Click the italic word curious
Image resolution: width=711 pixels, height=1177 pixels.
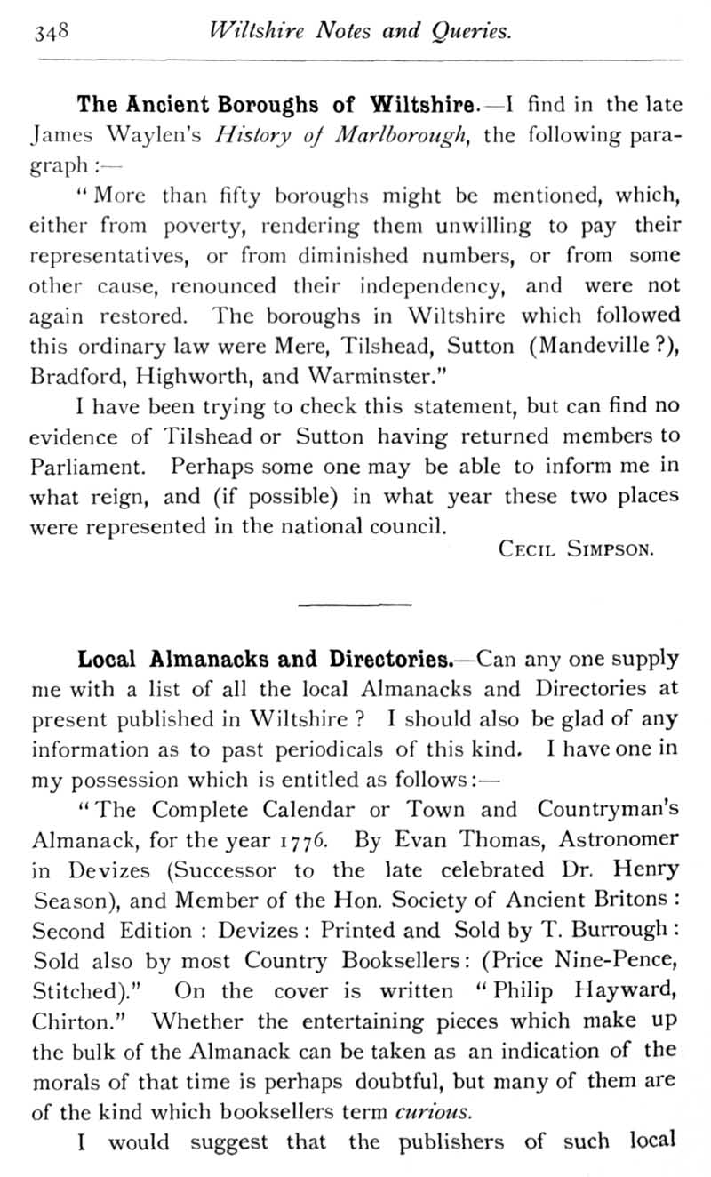click(419, 1111)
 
